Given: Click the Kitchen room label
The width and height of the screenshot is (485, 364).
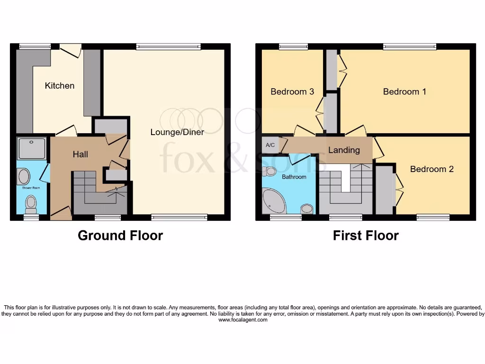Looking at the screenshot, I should [x=60, y=86].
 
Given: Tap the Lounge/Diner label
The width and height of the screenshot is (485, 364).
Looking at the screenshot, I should [x=177, y=132].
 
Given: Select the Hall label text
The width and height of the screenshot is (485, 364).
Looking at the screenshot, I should [x=80, y=155].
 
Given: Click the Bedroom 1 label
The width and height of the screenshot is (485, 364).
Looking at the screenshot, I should [x=404, y=91].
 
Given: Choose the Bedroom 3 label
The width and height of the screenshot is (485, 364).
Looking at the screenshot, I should [x=292, y=91].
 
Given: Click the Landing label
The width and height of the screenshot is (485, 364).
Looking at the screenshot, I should [x=344, y=150].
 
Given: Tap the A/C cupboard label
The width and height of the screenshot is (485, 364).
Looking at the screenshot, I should [x=270, y=145].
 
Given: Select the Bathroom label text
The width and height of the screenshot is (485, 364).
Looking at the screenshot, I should [x=294, y=177].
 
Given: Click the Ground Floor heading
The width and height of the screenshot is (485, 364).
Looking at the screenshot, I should [x=120, y=236].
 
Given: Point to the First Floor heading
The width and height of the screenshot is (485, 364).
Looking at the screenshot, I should [x=366, y=236].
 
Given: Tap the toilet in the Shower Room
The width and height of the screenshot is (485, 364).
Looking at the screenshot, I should [x=32, y=204].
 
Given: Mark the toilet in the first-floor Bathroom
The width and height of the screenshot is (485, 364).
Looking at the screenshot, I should [x=271, y=172].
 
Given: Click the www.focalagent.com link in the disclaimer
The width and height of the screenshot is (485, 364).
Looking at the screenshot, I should [x=242, y=320].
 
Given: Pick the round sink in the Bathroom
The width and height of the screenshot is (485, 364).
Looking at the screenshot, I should [x=307, y=208].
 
